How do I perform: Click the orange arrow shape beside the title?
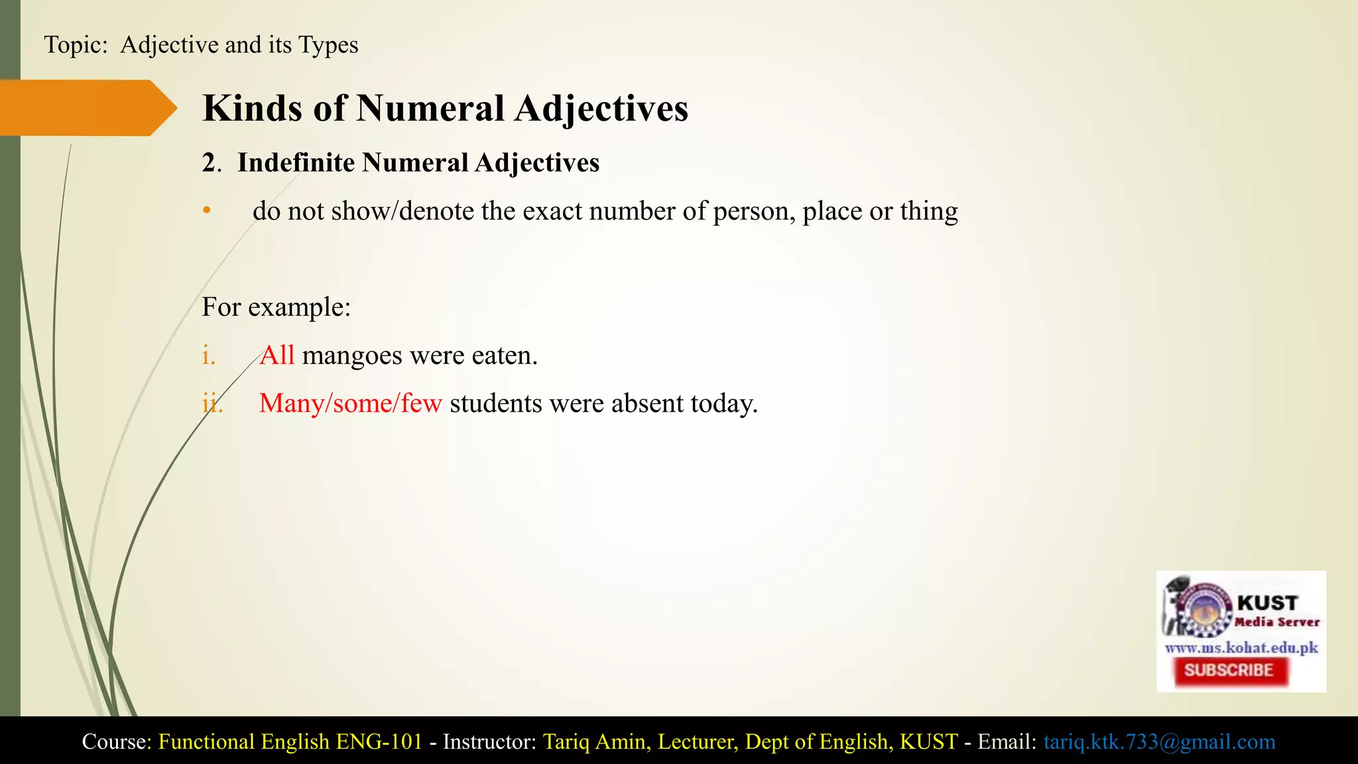86,108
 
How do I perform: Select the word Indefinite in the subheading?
296,163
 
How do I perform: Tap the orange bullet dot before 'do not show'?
207,211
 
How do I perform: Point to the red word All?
277,355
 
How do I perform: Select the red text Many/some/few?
350,403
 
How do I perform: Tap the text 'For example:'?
276,307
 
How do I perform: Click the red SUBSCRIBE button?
1229,670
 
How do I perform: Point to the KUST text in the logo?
1267,603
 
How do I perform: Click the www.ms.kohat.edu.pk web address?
1241,647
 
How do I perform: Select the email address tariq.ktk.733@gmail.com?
1159,741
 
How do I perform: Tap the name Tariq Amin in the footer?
594,741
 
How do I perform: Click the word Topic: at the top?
76,45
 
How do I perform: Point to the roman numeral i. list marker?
209,356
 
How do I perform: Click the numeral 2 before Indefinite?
209,163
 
